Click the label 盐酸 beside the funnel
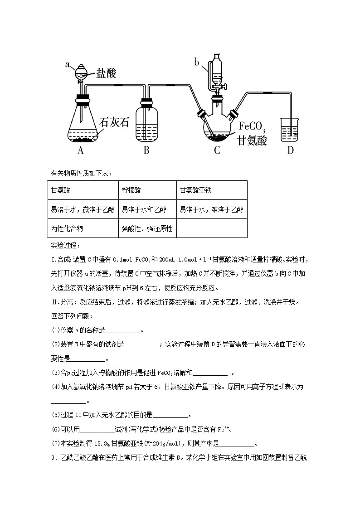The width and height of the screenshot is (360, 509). (106, 73)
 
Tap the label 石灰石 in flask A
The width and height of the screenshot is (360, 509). (114, 122)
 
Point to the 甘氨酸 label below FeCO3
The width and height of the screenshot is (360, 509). (252, 141)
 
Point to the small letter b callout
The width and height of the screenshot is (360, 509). (197, 62)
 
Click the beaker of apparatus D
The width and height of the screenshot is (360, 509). (290, 130)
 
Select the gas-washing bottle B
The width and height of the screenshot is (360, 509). (146, 122)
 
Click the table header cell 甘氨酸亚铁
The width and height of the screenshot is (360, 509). (196, 190)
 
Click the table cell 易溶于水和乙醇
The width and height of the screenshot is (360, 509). (144, 209)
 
